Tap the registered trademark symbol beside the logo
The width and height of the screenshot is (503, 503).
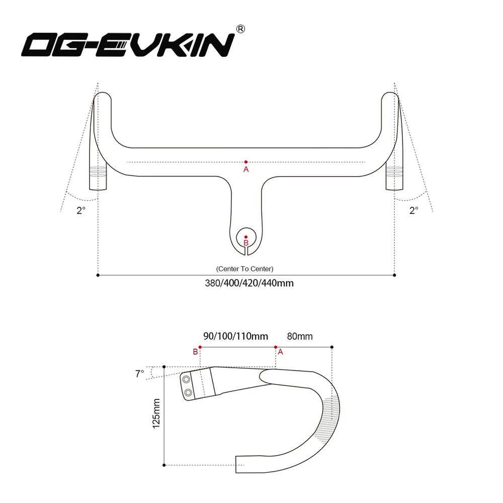pos(240,30)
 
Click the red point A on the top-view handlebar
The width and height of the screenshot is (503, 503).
pos(246,162)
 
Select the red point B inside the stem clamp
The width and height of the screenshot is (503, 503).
pos(246,236)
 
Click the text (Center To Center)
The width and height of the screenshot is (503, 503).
pos(245,269)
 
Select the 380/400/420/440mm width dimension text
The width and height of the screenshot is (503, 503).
pos(249,283)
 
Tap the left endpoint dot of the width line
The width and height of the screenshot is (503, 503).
pos(98,275)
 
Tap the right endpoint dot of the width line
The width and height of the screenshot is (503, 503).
pos(394,275)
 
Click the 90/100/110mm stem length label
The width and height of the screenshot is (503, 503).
pos(235,336)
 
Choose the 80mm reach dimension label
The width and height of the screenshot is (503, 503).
pos(299,336)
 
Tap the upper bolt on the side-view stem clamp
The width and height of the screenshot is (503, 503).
pos(187,379)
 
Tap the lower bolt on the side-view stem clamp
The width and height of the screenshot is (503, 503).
pos(188,392)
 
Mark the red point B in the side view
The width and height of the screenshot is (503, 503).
pos(200,347)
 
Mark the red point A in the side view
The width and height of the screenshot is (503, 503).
pos(276,347)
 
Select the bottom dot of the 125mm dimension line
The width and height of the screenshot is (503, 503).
pos(164,465)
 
